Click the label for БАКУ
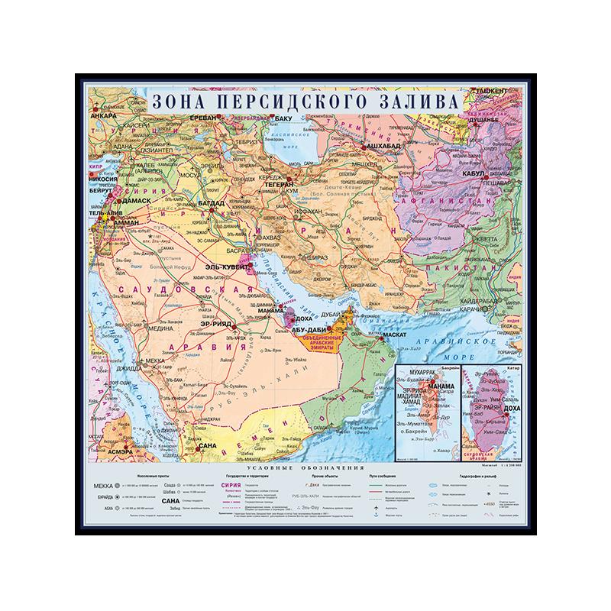pyautogui.click(x=283, y=119)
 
